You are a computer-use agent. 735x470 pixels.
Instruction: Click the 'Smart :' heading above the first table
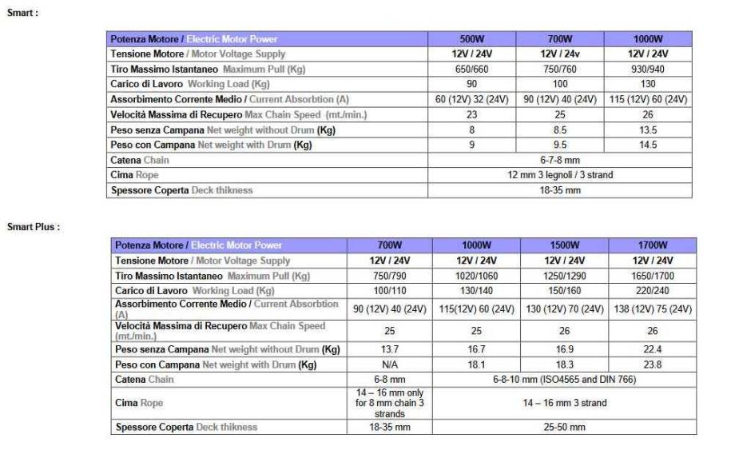pyautogui.click(x=22, y=13)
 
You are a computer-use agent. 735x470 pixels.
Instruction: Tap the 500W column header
pyautogui.click(x=471, y=39)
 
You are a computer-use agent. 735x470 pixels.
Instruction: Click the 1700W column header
pyautogui.click(x=652, y=245)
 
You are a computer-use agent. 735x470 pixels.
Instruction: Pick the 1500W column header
pyautogui.click(x=564, y=245)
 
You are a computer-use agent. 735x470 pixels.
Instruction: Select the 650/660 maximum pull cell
pyautogui.click(x=471, y=70)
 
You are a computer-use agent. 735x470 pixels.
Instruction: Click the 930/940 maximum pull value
pyautogui.click(x=648, y=70)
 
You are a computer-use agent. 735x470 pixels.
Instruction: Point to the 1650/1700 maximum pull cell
pyautogui.click(x=652, y=276)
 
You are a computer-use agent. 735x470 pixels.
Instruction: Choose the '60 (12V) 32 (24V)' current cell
pyautogui.click(x=471, y=100)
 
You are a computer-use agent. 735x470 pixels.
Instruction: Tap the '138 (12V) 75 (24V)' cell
pyautogui.click(x=652, y=309)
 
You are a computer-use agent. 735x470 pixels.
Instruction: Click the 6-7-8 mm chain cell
pyautogui.click(x=560, y=160)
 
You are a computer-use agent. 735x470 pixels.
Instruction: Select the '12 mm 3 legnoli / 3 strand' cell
pyautogui.click(x=560, y=175)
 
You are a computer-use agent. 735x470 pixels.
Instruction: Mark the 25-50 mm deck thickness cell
pyautogui.click(x=564, y=427)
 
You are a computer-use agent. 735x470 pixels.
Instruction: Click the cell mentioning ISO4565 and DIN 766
pyautogui.click(x=564, y=379)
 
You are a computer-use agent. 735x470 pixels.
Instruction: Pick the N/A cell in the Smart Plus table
pyautogui.click(x=390, y=364)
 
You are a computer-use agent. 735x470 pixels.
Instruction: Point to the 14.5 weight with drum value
pyautogui.click(x=648, y=145)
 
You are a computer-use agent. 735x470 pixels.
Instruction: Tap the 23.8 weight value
pyautogui.click(x=652, y=364)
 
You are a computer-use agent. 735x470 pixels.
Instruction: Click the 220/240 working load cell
pyautogui.click(x=652, y=291)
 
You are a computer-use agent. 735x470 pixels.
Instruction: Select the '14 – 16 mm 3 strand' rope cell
pyautogui.click(x=564, y=403)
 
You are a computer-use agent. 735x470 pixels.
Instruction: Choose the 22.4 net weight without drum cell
pyautogui.click(x=652, y=349)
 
